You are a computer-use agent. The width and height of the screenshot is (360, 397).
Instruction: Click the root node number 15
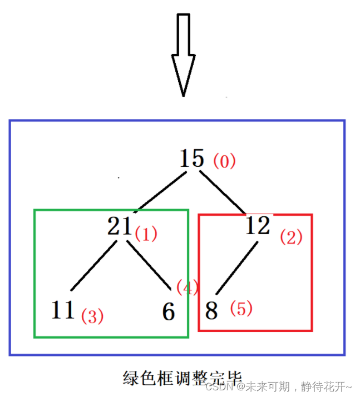click(192, 159)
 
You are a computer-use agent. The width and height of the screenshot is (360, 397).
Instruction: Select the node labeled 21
click(120, 226)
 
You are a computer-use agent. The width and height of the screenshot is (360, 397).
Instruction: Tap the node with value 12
click(258, 225)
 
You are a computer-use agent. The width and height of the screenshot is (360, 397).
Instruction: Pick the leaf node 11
click(63, 310)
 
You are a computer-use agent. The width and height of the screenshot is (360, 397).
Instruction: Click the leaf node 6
click(169, 312)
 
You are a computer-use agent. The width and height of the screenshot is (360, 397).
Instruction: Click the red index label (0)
click(225, 162)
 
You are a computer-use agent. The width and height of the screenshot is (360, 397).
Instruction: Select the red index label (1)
click(146, 234)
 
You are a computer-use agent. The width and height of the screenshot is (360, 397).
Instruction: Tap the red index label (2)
click(291, 237)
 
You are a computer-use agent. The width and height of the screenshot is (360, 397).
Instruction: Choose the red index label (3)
click(92, 316)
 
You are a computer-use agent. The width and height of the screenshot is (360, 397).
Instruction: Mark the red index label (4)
click(188, 287)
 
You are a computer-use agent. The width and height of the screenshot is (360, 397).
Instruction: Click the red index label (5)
click(241, 309)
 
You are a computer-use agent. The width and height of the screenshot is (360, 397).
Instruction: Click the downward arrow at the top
click(183, 53)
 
